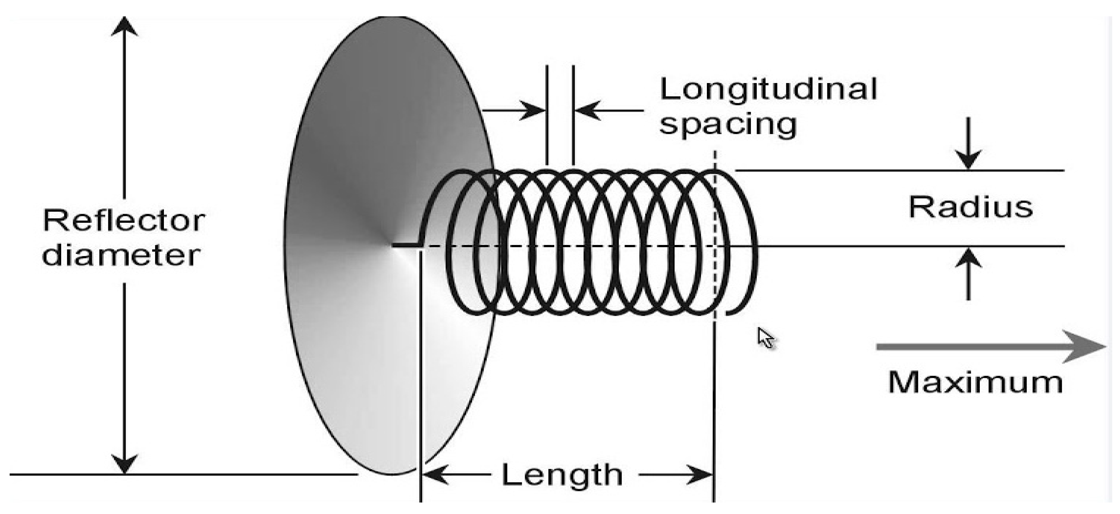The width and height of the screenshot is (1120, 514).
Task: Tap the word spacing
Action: (x=728, y=125)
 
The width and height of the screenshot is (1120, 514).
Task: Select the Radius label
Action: (x=971, y=208)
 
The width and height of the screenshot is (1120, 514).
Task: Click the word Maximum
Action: (x=975, y=383)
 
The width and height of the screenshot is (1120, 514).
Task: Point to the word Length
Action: (x=562, y=475)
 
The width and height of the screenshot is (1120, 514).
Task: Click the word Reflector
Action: (x=124, y=221)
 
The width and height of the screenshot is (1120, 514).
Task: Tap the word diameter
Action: (x=121, y=255)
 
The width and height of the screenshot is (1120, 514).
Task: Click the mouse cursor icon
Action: (x=766, y=338)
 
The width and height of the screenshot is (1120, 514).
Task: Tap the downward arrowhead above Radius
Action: (x=968, y=159)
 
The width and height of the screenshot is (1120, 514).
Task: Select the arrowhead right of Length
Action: (x=701, y=474)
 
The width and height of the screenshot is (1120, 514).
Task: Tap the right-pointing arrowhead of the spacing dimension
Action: (x=534, y=110)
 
